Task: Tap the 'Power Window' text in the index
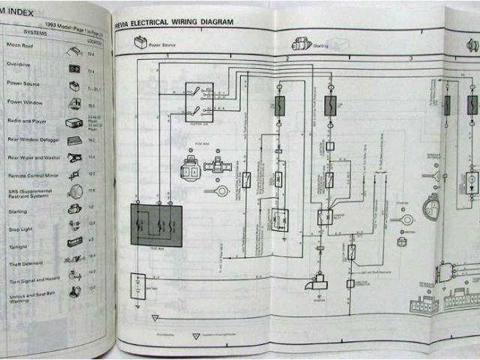25,101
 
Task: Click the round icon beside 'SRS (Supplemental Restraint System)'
75,190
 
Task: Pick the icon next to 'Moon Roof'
74,51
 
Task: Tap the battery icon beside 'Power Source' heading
140,44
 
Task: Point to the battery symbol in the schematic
137,286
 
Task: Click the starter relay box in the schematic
325,217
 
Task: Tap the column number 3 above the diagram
410,58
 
